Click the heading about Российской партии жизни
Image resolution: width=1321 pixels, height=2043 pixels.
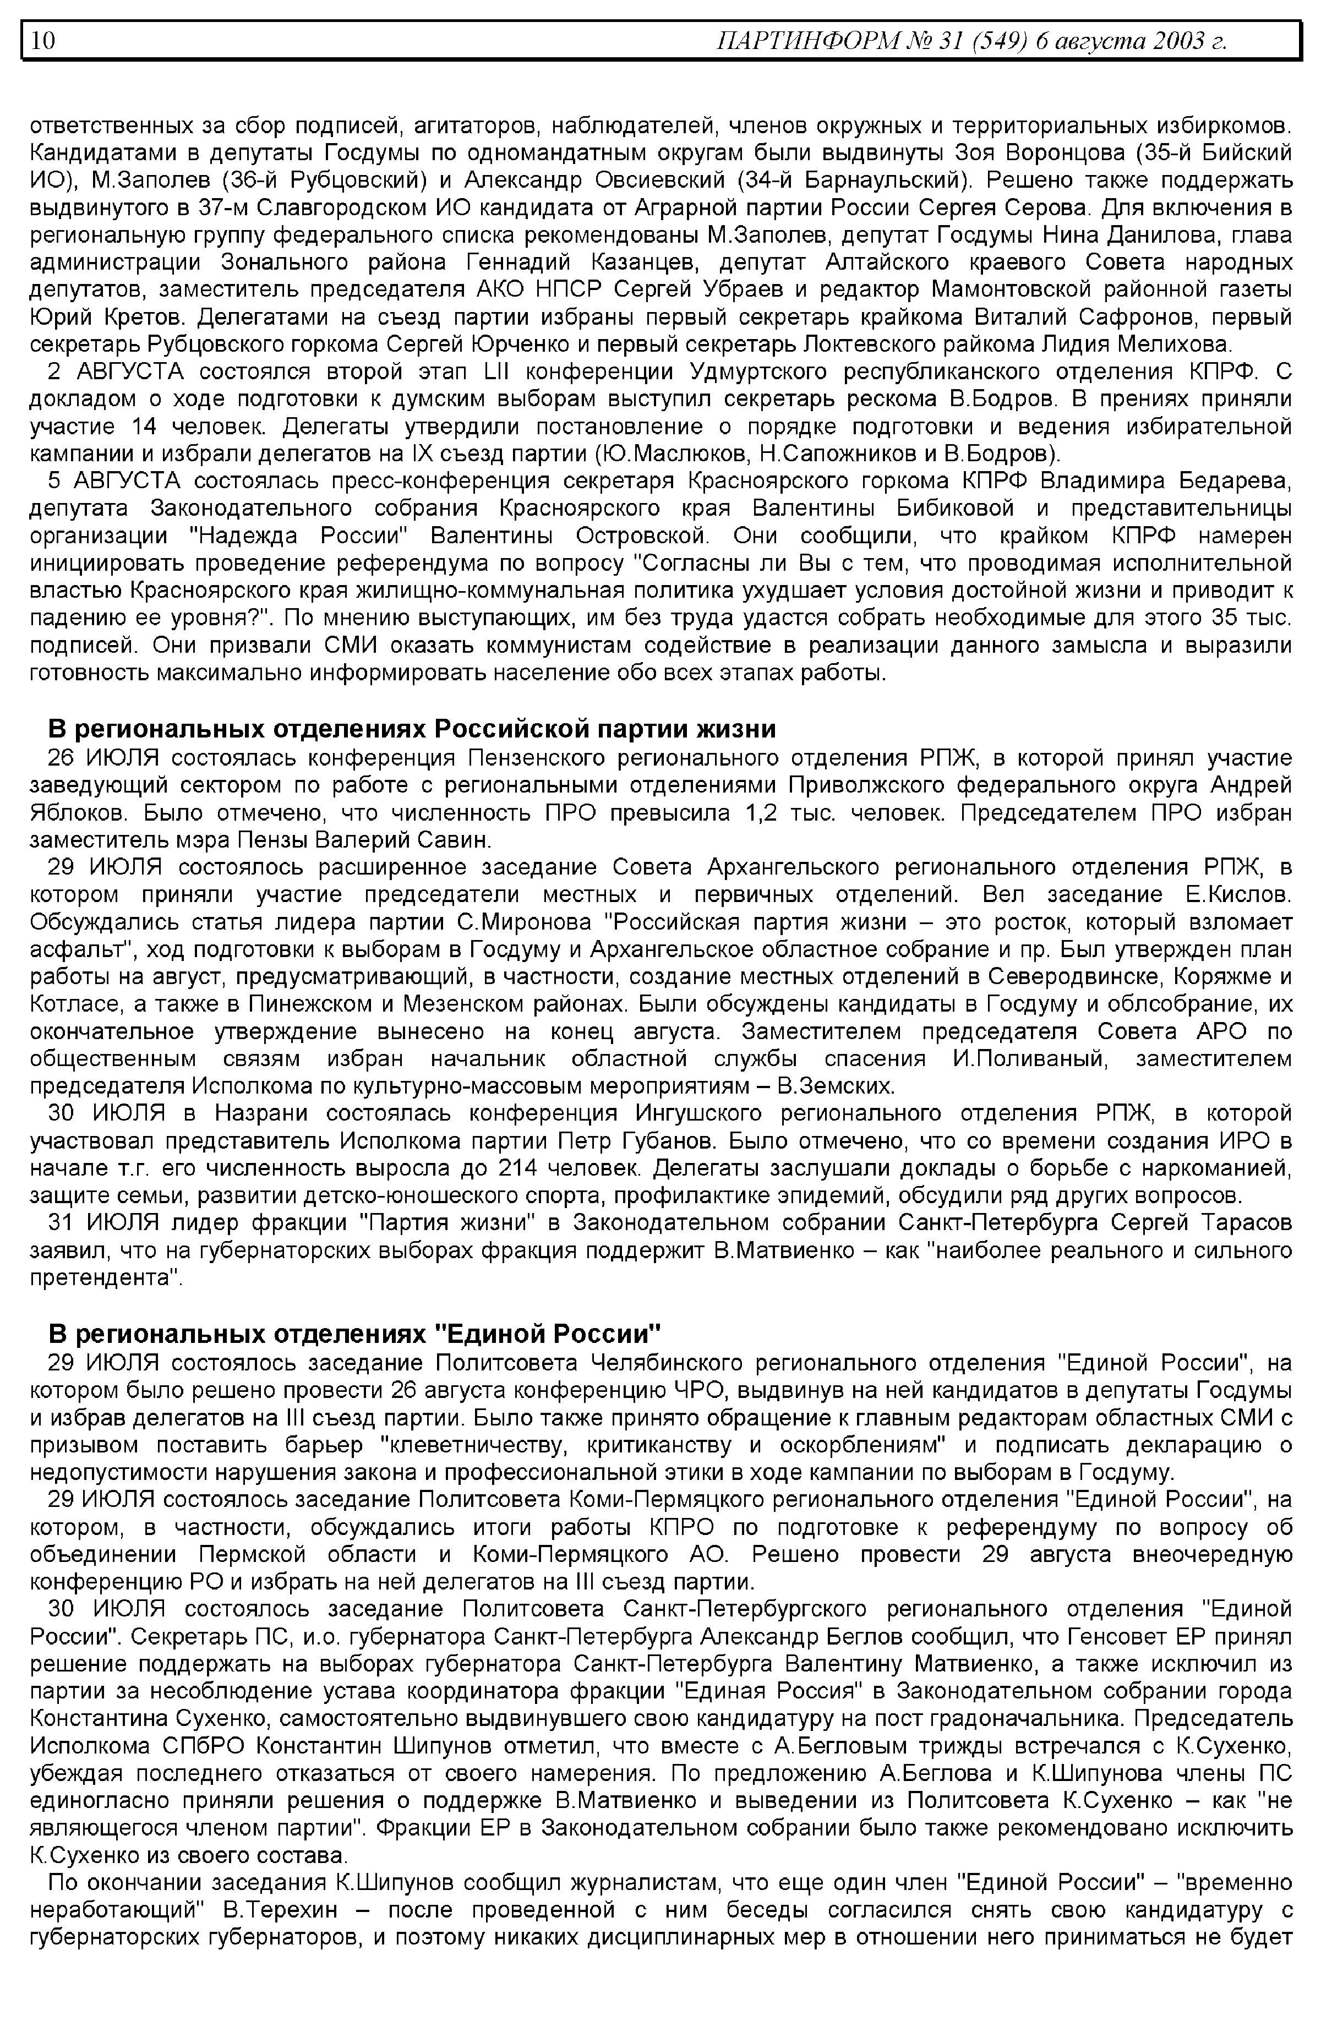pos(412,729)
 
